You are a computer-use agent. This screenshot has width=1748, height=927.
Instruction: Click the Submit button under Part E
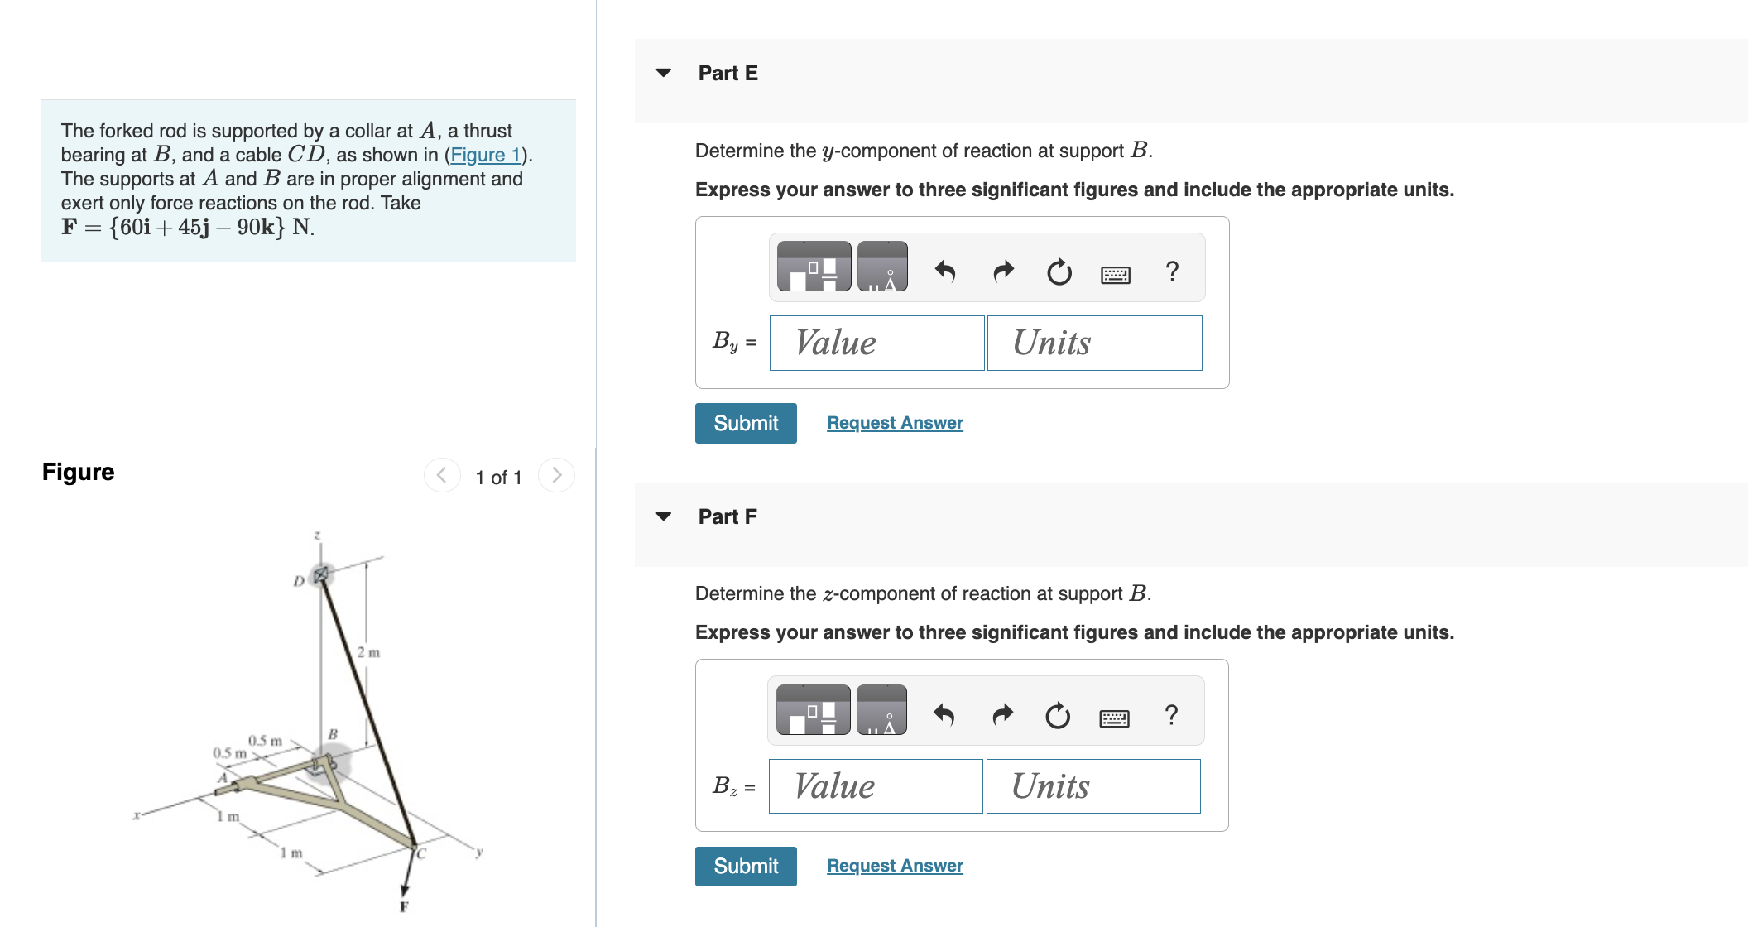point(745,423)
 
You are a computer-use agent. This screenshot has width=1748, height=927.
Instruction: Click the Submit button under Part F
point(745,866)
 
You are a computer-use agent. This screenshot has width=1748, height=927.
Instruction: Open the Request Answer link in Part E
point(895,423)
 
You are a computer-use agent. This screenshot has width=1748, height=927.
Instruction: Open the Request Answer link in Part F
point(895,866)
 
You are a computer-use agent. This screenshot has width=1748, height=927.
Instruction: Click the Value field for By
point(876,343)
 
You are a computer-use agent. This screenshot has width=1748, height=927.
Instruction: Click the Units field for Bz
point(1092,786)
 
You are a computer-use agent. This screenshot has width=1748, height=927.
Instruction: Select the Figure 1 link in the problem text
point(485,155)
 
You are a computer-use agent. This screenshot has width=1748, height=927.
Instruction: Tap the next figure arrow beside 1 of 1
point(556,475)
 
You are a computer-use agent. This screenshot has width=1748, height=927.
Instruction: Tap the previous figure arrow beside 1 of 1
point(442,475)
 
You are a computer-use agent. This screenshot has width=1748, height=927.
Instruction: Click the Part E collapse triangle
point(663,73)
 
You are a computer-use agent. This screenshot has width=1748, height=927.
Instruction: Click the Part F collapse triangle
point(663,516)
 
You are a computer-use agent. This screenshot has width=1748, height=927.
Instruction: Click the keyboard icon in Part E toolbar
point(1115,273)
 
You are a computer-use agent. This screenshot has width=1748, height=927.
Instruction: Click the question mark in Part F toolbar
point(1170,715)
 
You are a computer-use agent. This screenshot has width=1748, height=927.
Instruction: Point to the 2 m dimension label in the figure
point(368,652)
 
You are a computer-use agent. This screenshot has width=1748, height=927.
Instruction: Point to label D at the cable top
point(299,581)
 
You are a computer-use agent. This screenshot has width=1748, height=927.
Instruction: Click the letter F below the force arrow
point(404,906)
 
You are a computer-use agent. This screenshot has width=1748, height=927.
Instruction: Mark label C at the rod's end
point(420,853)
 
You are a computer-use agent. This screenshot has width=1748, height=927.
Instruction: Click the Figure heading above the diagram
point(79,472)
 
